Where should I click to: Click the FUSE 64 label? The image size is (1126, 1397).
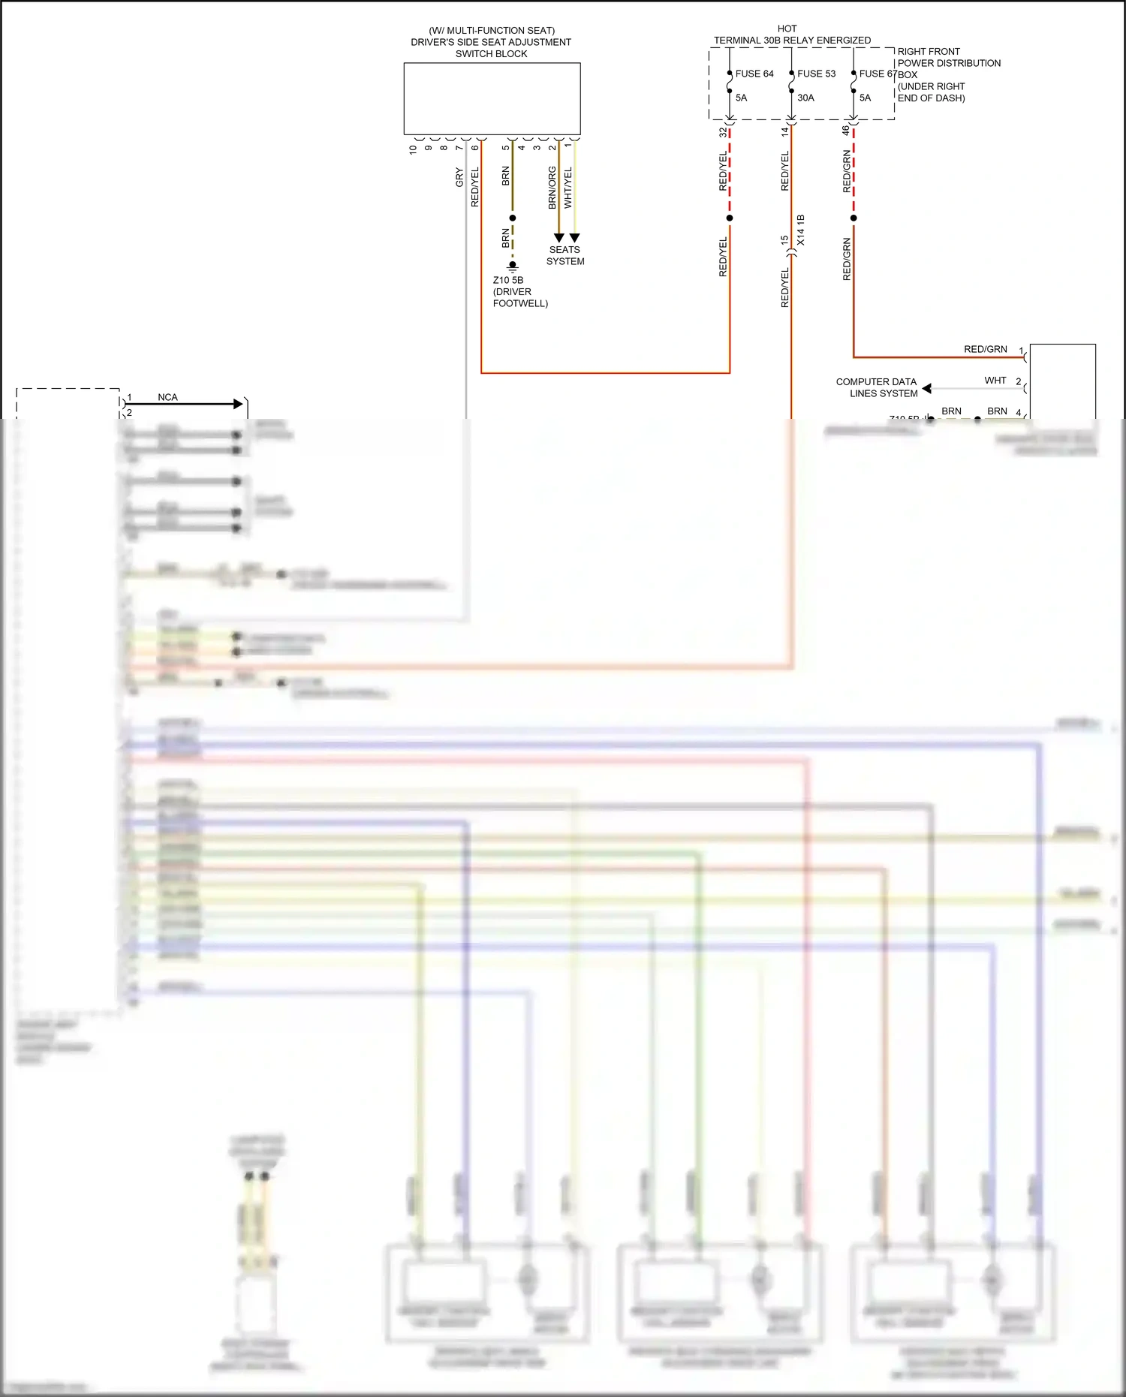coord(754,74)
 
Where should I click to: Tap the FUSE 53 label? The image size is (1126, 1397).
coord(816,74)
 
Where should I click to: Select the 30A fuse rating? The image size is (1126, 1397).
coord(805,98)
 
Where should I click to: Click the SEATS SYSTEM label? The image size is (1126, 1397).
coord(565,255)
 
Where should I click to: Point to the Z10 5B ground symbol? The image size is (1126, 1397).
coord(513,266)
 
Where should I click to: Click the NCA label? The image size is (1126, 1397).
coord(167,397)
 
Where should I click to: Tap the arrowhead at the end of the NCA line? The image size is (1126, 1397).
coord(239,404)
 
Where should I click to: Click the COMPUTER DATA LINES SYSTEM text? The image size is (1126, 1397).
coord(877,387)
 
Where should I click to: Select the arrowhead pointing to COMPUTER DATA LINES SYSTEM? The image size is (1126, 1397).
coord(927,388)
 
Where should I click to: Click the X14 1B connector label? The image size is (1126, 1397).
coord(801,230)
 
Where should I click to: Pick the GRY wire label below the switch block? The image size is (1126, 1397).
coord(459,178)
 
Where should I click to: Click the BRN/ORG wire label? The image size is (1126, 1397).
coord(552,188)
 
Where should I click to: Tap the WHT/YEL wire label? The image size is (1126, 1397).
coord(568,188)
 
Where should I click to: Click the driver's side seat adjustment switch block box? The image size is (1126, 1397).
coord(492,98)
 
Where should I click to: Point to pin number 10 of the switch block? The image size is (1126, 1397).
coord(413,149)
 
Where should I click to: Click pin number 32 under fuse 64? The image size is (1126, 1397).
coord(723,132)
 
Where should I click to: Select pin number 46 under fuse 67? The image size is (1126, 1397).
coord(846,131)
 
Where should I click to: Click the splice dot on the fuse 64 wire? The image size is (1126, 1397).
coord(730,218)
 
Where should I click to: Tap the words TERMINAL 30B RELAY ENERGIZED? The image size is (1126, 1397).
coord(792,40)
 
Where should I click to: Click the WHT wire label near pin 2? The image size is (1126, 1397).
coord(995,381)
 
